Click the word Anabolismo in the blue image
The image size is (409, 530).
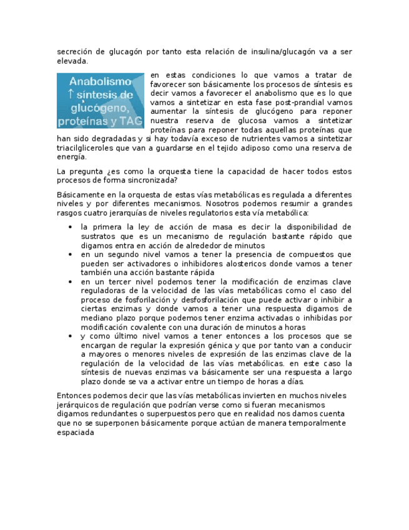pos(100,82)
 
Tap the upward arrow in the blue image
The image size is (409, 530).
pos(71,94)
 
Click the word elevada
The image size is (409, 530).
pos(72,61)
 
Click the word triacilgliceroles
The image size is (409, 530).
pos(88,148)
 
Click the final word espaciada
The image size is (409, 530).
pos(76,432)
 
